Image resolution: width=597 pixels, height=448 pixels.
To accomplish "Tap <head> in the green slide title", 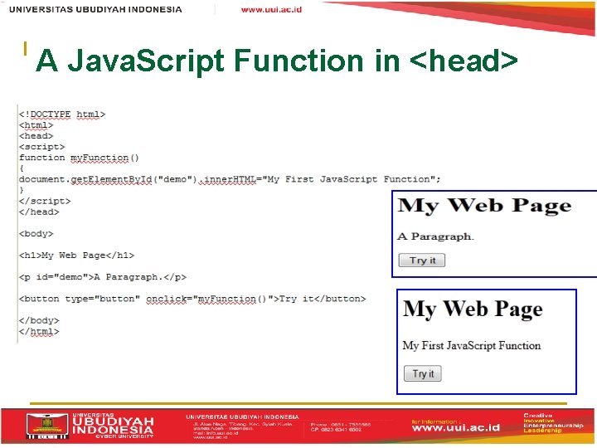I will click(470, 61).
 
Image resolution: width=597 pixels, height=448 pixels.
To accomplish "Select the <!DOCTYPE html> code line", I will click(62, 114).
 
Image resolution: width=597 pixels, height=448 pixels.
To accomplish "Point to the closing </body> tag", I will click(39, 320).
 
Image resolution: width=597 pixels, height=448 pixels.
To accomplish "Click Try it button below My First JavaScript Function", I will click(423, 374).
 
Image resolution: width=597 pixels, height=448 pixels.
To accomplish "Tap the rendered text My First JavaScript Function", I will click(472, 345).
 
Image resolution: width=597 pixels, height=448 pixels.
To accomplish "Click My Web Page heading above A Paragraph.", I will click(485, 207).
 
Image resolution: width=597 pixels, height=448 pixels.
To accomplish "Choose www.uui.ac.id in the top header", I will click(271, 10).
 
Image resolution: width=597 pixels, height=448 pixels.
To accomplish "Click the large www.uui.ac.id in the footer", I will click(457, 429).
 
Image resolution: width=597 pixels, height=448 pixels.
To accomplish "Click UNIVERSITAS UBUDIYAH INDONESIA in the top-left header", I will click(96, 10).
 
